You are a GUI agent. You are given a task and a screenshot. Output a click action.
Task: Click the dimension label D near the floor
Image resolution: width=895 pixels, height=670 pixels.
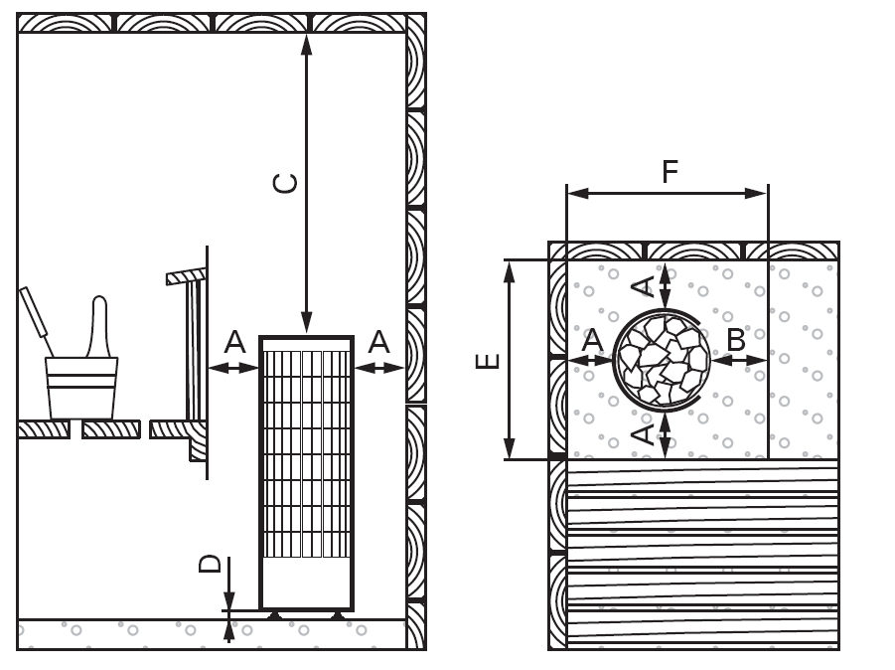point(211,564)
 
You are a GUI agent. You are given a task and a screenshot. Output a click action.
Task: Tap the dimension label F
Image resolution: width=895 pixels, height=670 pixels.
point(670,172)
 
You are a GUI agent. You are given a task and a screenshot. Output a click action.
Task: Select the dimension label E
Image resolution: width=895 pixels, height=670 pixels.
point(487,359)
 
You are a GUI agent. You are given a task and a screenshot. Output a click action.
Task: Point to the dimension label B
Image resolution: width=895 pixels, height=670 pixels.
point(736,339)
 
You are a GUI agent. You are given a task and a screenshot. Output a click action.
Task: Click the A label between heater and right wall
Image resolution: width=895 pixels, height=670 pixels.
point(378,343)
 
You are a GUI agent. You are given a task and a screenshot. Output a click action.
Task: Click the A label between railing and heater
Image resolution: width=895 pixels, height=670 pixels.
point(234,343)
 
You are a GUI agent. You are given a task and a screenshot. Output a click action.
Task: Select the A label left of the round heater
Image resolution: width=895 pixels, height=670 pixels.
point(592,339)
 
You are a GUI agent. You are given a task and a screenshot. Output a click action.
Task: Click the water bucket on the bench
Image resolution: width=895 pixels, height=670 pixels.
point(81,388)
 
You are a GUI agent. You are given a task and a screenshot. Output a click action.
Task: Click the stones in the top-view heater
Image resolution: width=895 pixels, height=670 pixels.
point(663,359)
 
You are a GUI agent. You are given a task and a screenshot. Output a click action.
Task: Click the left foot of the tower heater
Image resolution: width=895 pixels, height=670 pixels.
point(275,615)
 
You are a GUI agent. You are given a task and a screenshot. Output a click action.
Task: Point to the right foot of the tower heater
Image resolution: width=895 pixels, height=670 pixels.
point(338,615)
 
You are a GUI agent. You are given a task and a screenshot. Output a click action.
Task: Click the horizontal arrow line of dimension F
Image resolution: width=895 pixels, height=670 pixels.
point(667,194)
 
